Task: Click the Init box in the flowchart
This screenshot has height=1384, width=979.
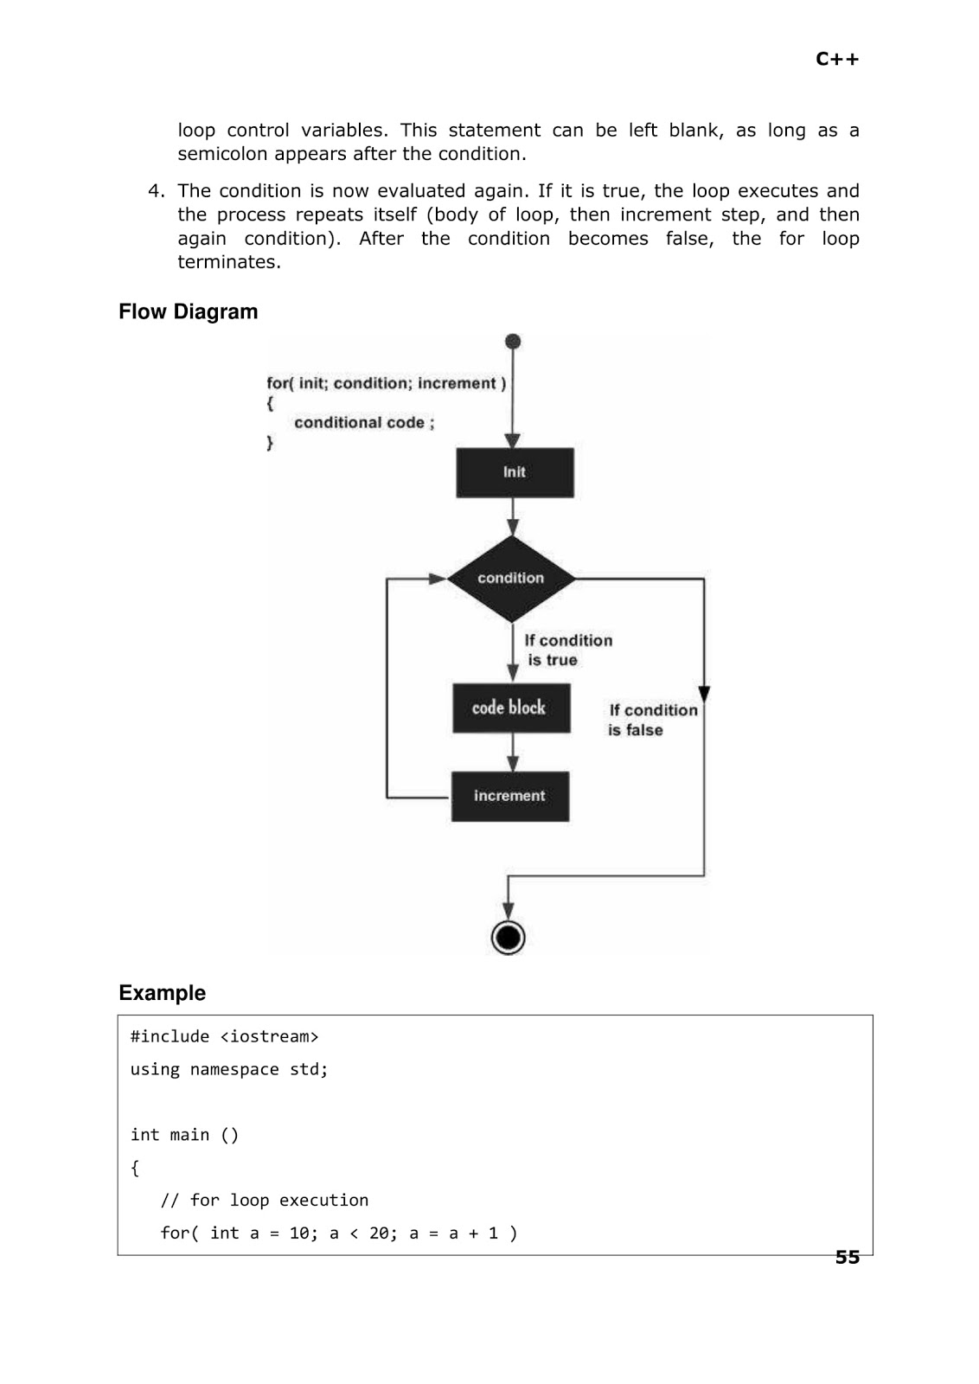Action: tap(515, 472)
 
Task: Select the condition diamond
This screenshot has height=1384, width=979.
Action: tap(511, 578)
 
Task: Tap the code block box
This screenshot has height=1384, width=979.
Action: tap(510, 708)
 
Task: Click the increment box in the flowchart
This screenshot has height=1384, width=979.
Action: tap(509, 796)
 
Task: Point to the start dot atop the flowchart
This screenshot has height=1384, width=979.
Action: tap(513, 342)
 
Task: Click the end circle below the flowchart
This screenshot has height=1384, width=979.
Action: tap(508, 937)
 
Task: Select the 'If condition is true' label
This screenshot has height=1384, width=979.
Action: tap(566, 650)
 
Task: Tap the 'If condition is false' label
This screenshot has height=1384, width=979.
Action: tap(650, 720)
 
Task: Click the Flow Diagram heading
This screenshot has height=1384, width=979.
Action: tap(188, 311)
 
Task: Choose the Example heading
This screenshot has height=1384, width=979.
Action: tap(162, 992)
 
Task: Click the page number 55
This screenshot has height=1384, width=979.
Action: tap(847, 1258)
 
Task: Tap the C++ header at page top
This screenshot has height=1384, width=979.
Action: tap(836, 59)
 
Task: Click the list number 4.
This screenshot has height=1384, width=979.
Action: tap(155, 191)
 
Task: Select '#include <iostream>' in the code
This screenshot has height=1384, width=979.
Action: tap(224, 1036)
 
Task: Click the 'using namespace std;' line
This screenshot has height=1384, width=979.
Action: tap(229, 1069)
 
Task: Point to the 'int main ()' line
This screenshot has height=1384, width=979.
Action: tap(184, 1135)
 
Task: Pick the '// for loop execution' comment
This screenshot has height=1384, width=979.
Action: tap(264, 1200)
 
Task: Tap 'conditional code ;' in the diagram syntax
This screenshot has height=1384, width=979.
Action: tap(364, 422)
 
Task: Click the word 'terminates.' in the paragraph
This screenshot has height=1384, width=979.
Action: tap(229, 262)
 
